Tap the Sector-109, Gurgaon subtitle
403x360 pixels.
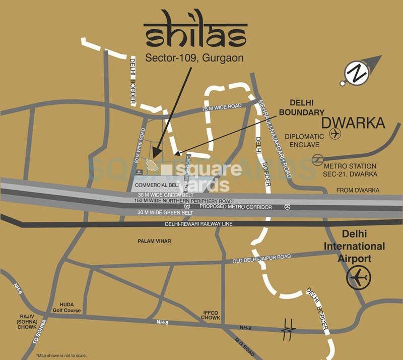click(x=194, y=58)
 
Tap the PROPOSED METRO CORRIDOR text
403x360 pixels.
click(x=235, y=207)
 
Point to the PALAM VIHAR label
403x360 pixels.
click(x=154, y=242)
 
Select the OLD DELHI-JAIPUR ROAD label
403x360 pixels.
click(x=261, y=259)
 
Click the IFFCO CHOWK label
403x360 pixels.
click(x=211, y=315)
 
